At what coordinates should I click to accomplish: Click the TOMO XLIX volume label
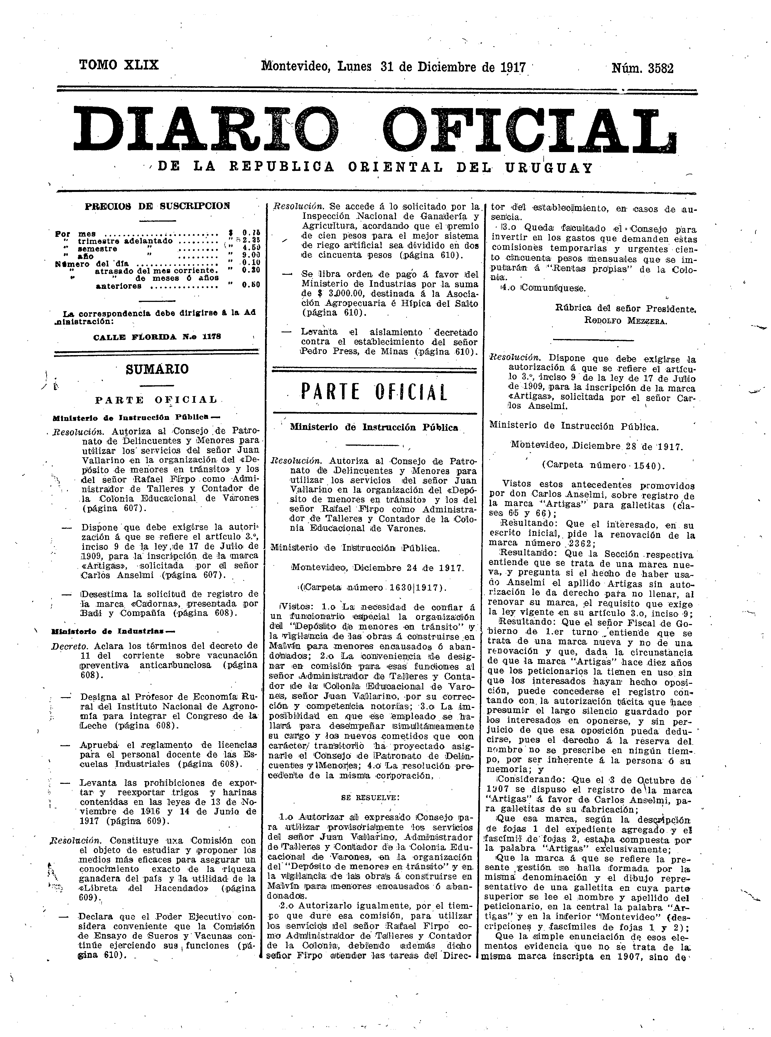click(119, 65)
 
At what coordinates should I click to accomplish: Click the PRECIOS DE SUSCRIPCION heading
click(157, 206)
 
